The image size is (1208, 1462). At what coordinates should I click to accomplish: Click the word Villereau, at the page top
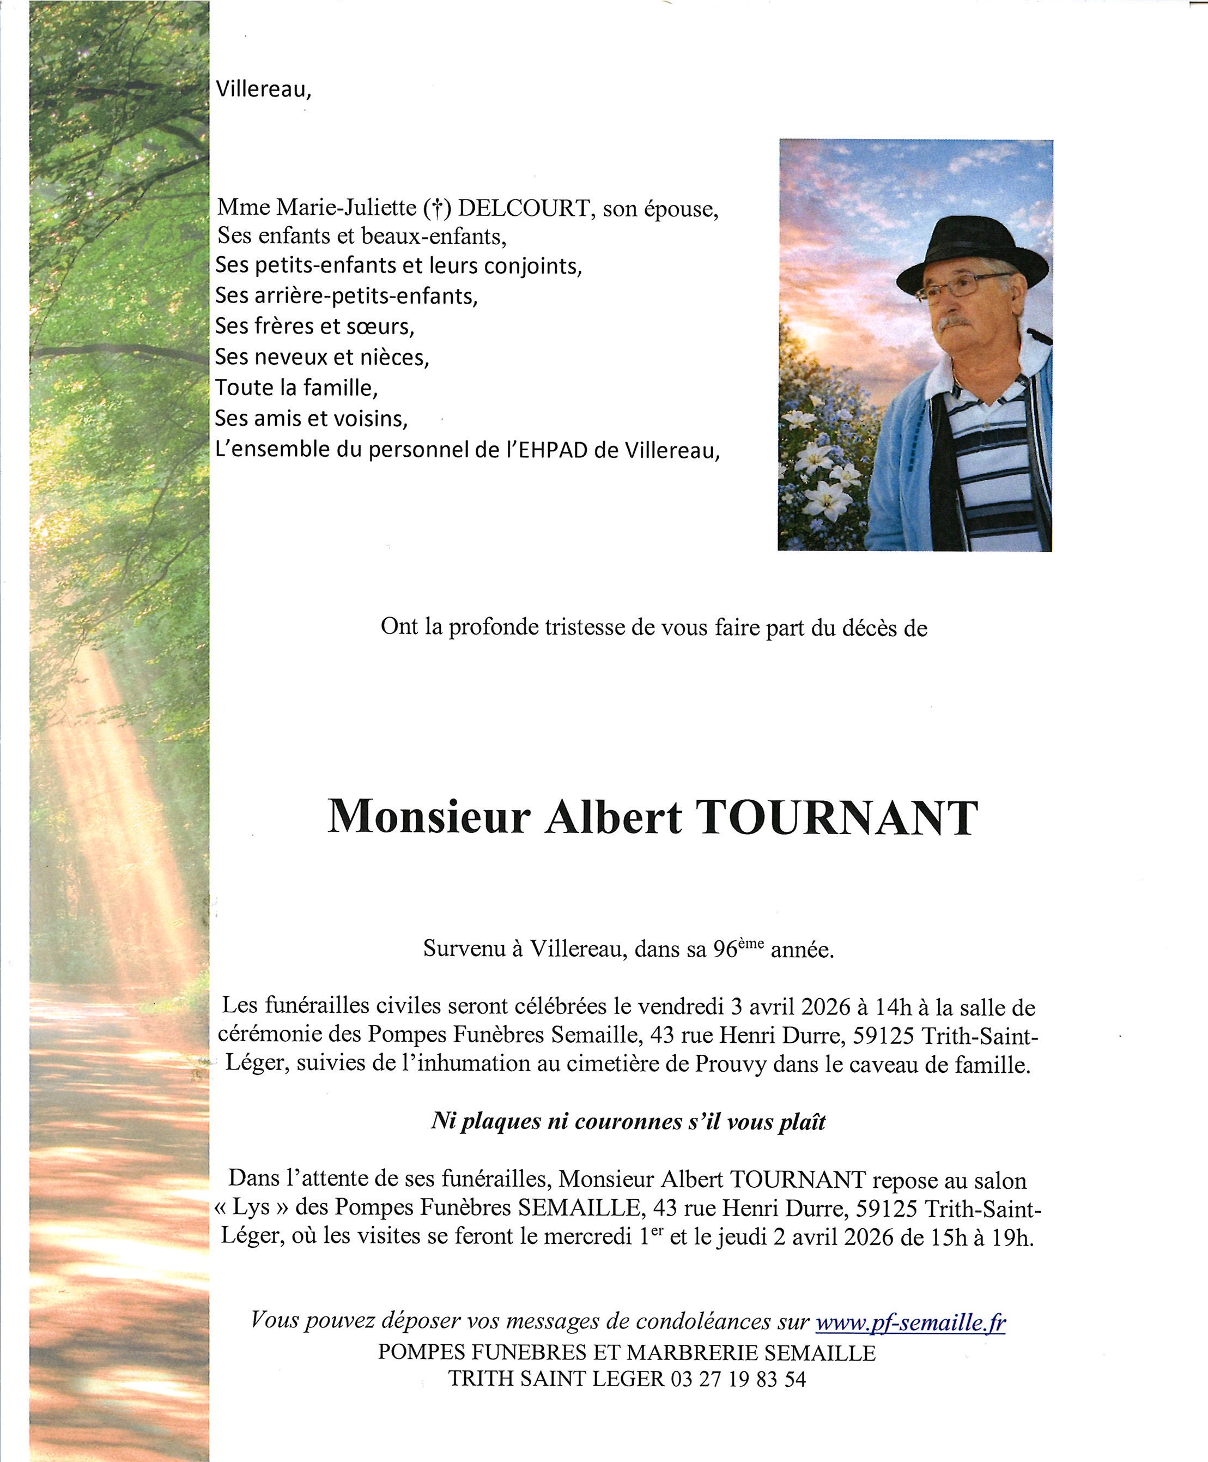[263, 89]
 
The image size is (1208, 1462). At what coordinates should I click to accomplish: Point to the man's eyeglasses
[960, 286]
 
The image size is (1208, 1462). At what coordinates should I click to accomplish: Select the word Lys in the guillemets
[251, 1207]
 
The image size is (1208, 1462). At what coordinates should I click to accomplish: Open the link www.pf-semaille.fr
[910, 1321]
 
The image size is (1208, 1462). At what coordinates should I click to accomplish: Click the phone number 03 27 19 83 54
[738, 1379]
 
